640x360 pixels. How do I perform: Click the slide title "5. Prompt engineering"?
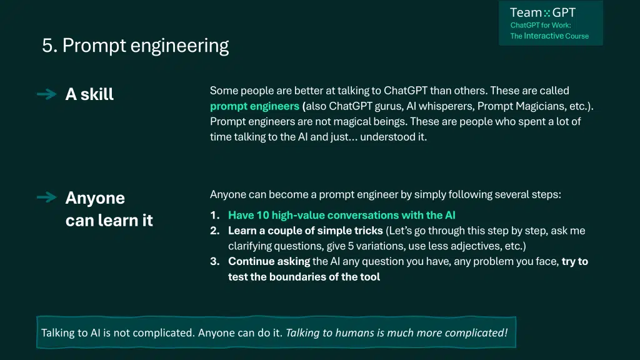click(135, 46)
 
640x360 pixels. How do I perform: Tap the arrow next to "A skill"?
click(46, 94)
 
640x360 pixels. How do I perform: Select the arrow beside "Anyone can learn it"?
click(46, 197)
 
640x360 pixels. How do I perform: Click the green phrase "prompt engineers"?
click(255, 106)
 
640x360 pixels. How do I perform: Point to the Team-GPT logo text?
click(542, 12)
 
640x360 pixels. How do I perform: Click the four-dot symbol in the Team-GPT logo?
click(547, 14)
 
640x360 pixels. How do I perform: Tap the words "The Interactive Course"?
click(549, 36)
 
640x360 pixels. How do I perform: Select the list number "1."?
click(215, 215)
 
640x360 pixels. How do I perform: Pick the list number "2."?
click(215, 231)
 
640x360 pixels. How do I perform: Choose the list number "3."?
click(215, 261)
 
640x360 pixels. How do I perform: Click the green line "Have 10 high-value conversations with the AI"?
click(342, 215)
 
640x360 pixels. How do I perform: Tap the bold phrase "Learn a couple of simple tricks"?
click(305, 231)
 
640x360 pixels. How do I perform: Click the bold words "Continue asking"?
click(269, 261)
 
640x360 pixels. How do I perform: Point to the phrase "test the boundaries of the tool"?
click(304, 277)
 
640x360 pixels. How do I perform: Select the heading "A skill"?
click(89, 94)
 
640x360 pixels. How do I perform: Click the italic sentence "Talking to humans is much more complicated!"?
click(397, 332)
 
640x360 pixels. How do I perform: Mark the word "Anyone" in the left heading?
click(95, 198)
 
